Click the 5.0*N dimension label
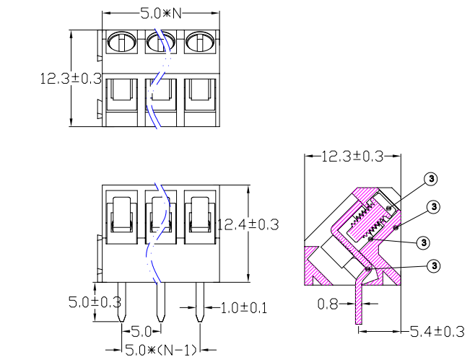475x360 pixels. point(160,13)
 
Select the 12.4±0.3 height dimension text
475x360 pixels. point(248,224)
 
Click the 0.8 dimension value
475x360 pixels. point(328,304)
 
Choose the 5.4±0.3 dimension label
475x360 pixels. point(437,332)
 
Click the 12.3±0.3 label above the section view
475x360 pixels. point(351,156)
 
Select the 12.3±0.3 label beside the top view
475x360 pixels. point(70,79)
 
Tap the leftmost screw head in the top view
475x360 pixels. point(121,43)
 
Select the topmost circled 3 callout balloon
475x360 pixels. point(431,178)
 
